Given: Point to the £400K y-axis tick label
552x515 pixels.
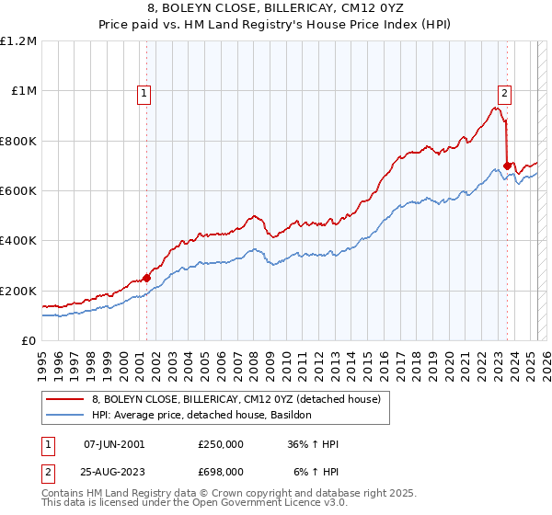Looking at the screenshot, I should tap(17, 241).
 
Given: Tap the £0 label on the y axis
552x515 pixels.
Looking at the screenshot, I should tap(29, 341).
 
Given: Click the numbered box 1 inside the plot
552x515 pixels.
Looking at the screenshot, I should tap(145, 91).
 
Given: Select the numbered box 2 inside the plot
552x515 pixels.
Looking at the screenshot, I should tap(505, 91).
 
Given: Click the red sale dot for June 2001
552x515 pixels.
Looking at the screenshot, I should tap(146, 279).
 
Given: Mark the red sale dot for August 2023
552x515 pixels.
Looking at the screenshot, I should tap(507, 166).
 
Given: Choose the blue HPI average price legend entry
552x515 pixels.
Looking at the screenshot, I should tap(201, 416).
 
